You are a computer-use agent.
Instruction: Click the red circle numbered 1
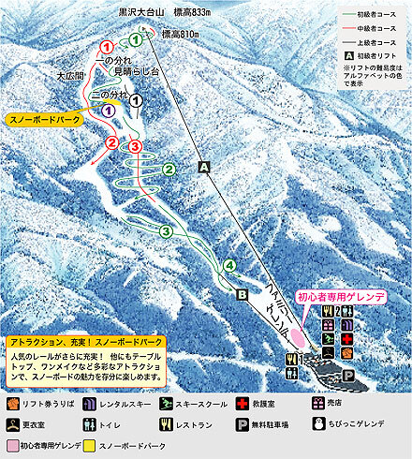point(106,46)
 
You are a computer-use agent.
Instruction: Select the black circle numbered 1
point(136,99)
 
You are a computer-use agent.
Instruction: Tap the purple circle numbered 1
point(109,110)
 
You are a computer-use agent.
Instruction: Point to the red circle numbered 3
point(135,146)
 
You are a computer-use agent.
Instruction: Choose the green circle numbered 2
point(169,169)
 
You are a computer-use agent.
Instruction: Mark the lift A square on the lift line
point(203,166)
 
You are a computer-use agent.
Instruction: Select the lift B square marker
point(241,295)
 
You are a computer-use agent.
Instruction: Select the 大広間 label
point(71,74)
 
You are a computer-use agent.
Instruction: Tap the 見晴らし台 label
point(132,69)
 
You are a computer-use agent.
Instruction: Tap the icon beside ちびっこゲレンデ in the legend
point(322,423)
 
